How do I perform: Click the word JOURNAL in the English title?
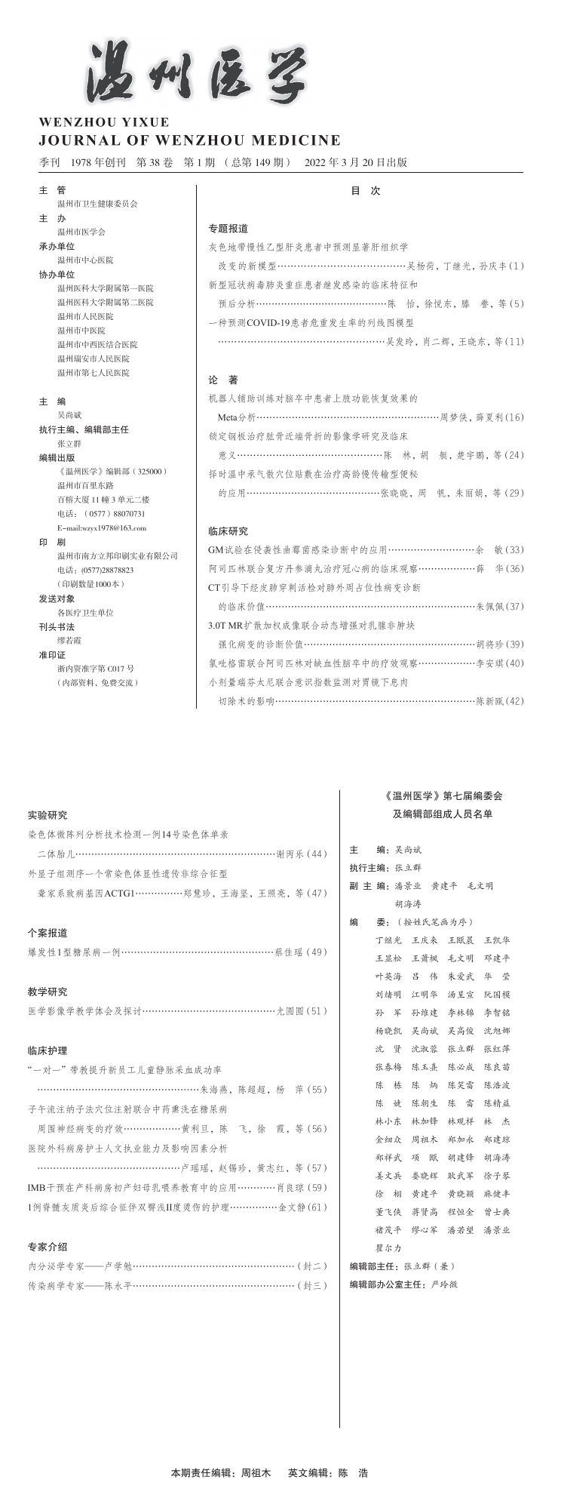coord(69,140)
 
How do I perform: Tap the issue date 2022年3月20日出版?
coord(356,162)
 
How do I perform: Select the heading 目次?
coord(366,192)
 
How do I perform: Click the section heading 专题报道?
coord(228,228)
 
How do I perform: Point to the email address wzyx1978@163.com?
coord(102,528)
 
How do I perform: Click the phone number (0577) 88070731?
coord(102,514)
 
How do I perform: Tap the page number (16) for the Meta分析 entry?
coord(515,417)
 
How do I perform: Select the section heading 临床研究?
coord(228,531)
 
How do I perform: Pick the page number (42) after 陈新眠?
coord(515,701)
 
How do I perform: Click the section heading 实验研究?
coord(48,815)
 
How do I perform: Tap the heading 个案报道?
coord(48,933)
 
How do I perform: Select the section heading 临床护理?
coord(48,1050)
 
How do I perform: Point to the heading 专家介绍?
coord(48,1247)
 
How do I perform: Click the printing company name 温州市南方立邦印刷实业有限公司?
coord(118,556)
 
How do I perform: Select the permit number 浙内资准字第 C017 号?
coord(96,669)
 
